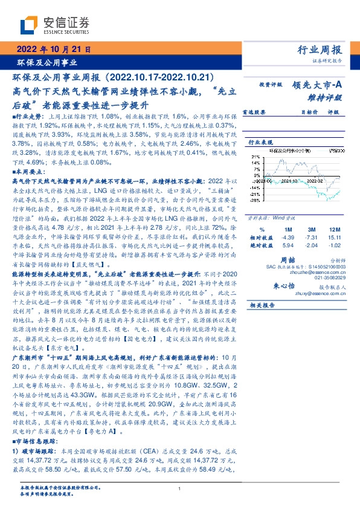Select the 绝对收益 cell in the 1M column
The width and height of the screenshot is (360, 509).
point(288,245)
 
